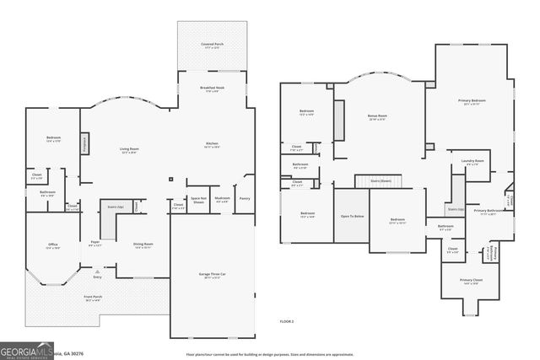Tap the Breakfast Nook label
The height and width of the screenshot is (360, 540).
212,89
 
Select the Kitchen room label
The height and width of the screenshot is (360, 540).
213,144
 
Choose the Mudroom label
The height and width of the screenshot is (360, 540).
222,200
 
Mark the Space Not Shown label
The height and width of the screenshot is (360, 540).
198,200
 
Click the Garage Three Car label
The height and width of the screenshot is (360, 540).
212,276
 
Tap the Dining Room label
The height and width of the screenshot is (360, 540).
143,245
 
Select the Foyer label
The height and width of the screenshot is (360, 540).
95,244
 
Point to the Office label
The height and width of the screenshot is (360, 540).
53,245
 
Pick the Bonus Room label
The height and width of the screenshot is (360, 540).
377,116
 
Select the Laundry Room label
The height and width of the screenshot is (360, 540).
472,161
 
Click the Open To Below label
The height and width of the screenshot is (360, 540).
352,216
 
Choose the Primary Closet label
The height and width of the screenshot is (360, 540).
471,281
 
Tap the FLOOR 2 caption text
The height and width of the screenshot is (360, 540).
287,321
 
